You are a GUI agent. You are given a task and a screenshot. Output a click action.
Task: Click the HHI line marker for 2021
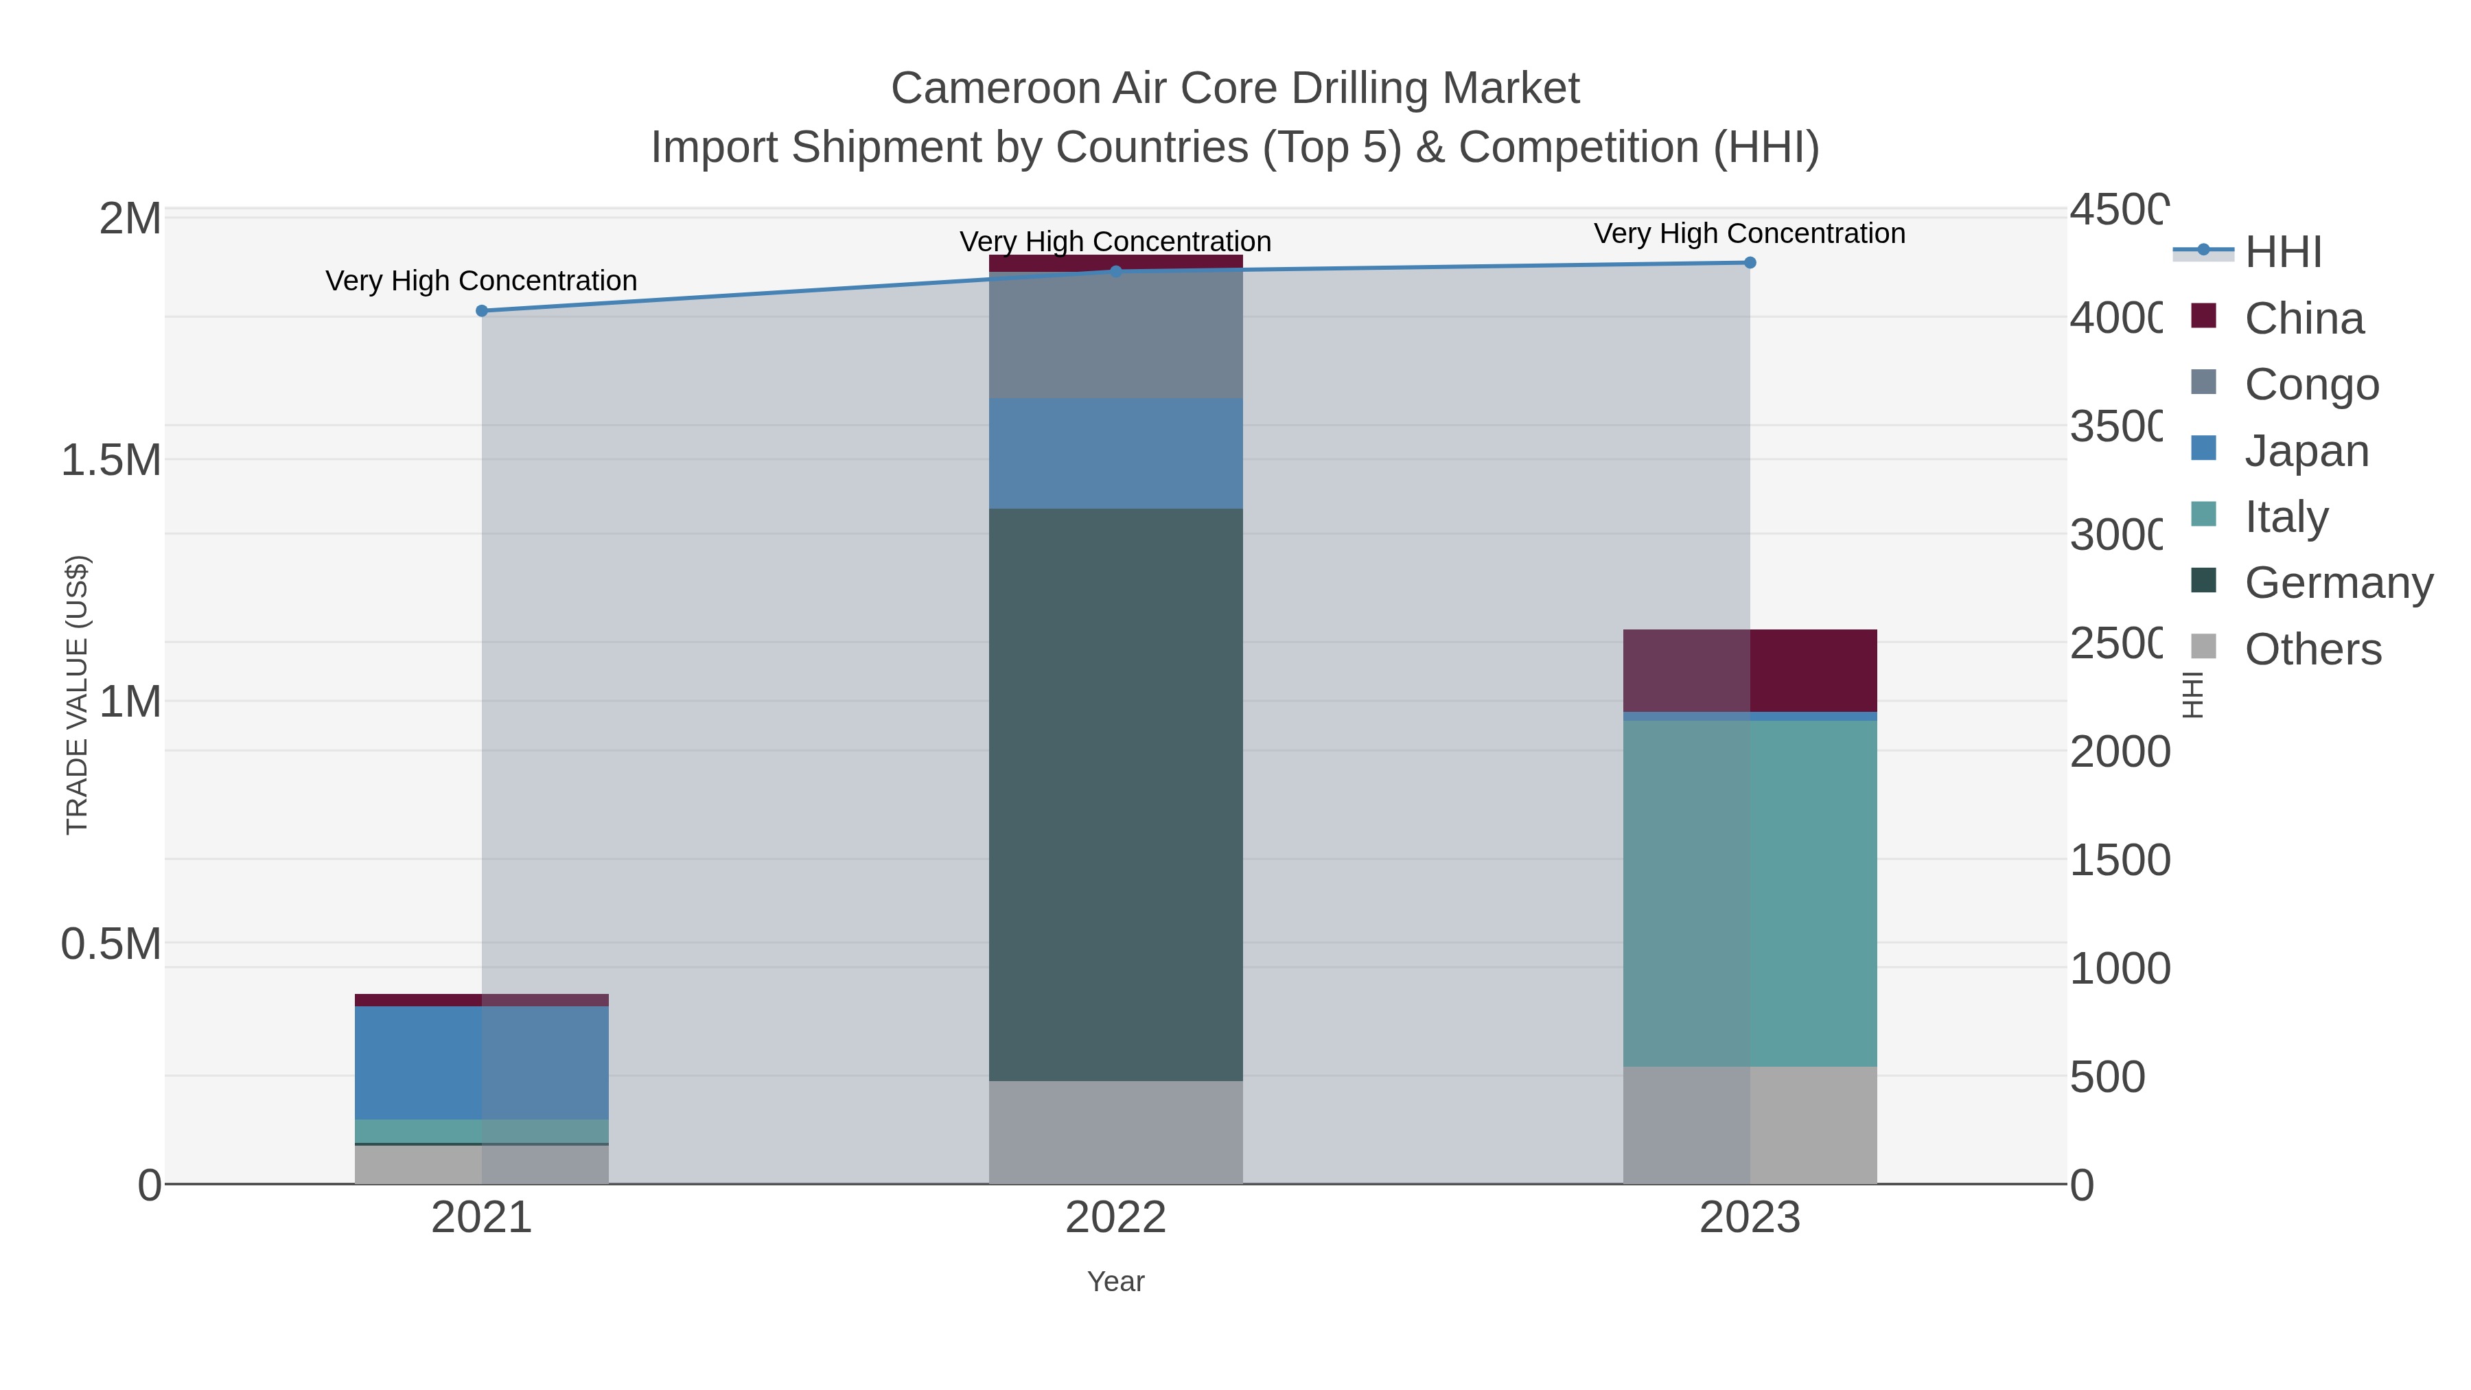482,311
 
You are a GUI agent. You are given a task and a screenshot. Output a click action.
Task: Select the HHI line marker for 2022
1115,271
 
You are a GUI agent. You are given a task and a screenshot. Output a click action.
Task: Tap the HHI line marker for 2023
1750,263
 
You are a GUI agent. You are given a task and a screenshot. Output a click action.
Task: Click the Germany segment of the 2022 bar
1115,794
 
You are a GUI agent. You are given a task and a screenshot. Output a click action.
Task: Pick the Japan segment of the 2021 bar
482,1062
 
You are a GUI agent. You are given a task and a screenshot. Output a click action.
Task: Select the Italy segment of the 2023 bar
1750,892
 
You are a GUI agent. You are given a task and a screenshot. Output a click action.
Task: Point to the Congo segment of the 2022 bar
1115,335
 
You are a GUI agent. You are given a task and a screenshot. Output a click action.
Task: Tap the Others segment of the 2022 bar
1115,1132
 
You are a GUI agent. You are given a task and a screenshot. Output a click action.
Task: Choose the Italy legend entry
2286,517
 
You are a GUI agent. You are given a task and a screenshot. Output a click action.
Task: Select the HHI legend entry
2283,253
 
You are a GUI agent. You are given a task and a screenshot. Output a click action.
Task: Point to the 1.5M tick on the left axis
111,461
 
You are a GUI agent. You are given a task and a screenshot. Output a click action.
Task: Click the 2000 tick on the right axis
2118,752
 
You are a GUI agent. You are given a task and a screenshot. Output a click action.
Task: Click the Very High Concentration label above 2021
482,281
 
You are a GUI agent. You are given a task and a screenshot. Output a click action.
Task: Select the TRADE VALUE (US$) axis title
77,695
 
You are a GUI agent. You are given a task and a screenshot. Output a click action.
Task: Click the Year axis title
1115,1282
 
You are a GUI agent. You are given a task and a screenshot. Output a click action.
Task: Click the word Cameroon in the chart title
994,89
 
